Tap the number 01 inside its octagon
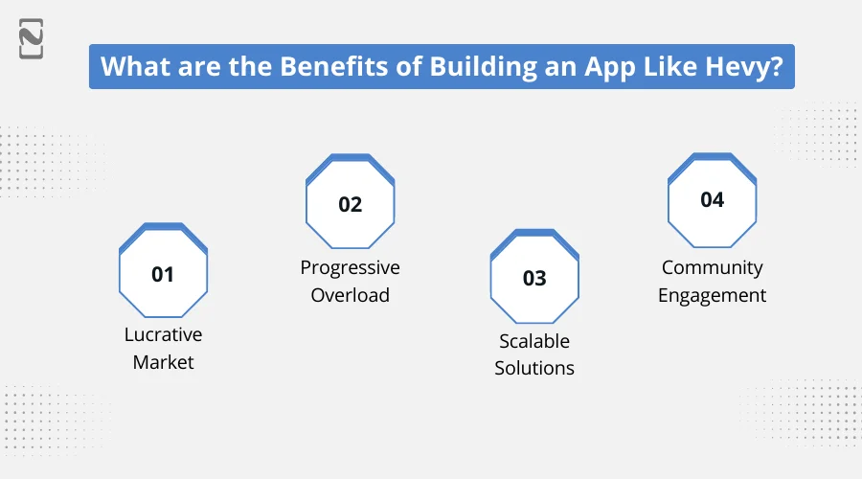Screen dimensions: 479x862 163,274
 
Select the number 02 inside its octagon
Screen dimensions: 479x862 351,204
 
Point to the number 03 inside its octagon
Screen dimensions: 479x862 534,278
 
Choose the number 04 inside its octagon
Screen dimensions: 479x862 713,200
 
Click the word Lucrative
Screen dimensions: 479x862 163,334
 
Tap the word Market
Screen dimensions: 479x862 163,362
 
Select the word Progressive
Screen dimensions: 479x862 351,267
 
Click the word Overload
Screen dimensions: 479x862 351,295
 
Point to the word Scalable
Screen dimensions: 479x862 534,340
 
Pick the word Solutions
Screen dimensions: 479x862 534,368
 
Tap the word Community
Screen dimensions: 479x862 713,267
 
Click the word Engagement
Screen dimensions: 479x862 713,295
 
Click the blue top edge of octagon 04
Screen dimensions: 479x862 713,156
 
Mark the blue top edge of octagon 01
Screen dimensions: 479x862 163,227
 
